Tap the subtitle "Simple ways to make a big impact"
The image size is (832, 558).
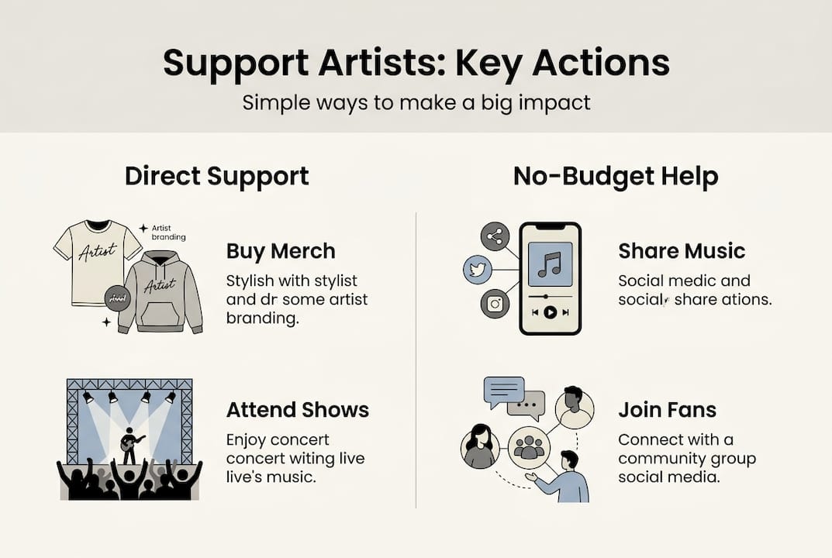416,102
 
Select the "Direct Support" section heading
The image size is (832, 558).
216,176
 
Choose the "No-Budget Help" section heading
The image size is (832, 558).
615,176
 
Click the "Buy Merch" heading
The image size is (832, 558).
281,251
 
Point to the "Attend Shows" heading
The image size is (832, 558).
298,409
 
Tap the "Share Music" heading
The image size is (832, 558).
682,251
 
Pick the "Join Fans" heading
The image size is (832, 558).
667,409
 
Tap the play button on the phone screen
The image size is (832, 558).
550,312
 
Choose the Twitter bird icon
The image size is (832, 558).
478,270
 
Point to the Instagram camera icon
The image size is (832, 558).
495,303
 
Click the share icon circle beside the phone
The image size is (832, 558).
495,236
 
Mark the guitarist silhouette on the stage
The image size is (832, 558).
129,446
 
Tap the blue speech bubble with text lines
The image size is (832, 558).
503,391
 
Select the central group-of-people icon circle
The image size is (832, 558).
529,447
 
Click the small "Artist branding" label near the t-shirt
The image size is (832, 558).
168,232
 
